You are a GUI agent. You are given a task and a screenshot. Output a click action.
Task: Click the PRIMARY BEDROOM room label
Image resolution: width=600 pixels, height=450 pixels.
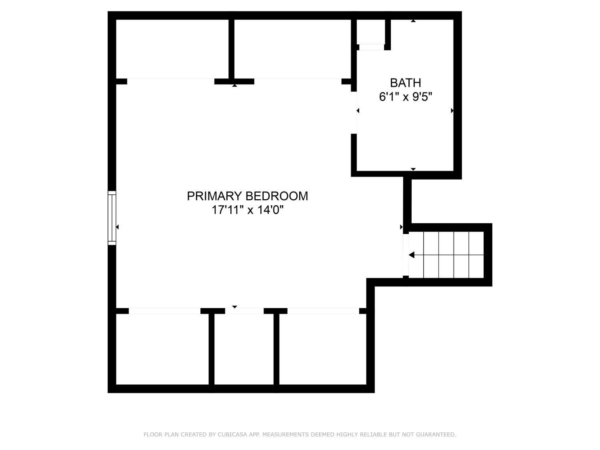point(247,196)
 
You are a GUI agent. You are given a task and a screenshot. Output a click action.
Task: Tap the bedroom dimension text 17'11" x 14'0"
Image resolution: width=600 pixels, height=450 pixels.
point(247,210)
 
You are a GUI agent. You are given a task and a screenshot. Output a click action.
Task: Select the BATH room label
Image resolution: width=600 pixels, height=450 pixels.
point(405,83)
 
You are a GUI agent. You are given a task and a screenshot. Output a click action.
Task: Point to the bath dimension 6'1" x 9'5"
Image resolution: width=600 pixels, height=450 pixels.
point(405,97)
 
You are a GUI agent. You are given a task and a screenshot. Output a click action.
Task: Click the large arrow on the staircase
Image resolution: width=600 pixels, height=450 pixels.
point(411,255)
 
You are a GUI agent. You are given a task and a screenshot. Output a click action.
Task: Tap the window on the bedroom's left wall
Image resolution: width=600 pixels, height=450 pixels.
point(112,218)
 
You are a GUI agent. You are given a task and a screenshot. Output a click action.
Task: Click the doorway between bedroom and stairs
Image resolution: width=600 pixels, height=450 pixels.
point(405,255)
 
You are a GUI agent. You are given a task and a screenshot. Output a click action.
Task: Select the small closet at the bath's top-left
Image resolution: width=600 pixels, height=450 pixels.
point(371,32)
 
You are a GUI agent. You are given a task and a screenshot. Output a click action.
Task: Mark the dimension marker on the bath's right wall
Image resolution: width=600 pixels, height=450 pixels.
point(452,111)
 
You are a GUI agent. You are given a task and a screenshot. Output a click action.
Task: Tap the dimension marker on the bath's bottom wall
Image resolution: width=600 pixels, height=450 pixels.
point(413,170)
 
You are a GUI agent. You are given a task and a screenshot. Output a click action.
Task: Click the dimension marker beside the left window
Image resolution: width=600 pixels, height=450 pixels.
point(117,227)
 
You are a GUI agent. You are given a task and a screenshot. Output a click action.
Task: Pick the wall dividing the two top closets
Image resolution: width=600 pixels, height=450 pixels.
point(231,49)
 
